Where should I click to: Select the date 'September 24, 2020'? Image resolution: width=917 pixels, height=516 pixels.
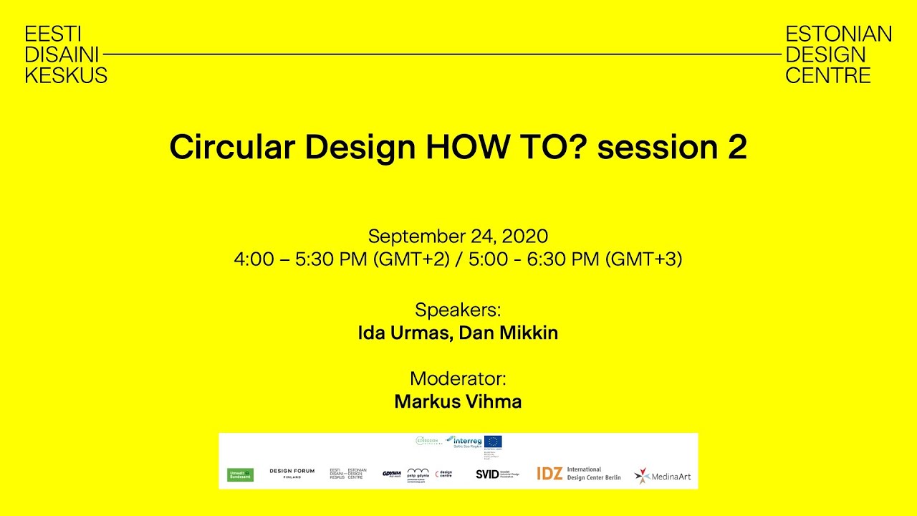pyautogui.click(x=458, y=236)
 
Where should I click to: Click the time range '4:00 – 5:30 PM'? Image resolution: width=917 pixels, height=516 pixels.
pyautogui.click(x=301, y=259)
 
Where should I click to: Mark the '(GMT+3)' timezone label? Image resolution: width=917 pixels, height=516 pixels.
pyautogui.click(x=643, y=259)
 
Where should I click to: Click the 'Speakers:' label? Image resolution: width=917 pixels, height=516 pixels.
pyautogui.click(x=458, y=310)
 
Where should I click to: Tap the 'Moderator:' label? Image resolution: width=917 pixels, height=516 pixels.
pyautogui.click(x=458, y=378)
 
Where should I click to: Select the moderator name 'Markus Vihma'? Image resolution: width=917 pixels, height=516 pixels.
pyautogui.click(x=458, y=402)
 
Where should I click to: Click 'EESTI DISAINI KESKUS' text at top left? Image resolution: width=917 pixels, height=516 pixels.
pyautogui.click(x=65, y=54)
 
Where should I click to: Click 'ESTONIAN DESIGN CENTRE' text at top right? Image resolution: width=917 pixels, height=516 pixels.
pyautogui.click(x=838, y=54)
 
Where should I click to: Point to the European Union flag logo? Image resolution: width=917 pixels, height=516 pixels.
pyautogui.click(x=493, y=441)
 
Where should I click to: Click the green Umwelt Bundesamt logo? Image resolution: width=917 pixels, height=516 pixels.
pyautogui.click(x=240, y=474)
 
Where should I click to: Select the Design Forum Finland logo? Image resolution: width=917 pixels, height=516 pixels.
pyautogui.click(x=292, y=473)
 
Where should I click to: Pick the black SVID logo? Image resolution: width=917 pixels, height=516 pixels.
pyautogui.click(x=487, y=474)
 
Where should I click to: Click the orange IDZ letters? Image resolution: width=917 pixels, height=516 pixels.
pyautogui.click(x=549, y=474)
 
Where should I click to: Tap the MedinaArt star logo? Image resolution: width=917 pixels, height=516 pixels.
pyautogui.click(x=643, y=475)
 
